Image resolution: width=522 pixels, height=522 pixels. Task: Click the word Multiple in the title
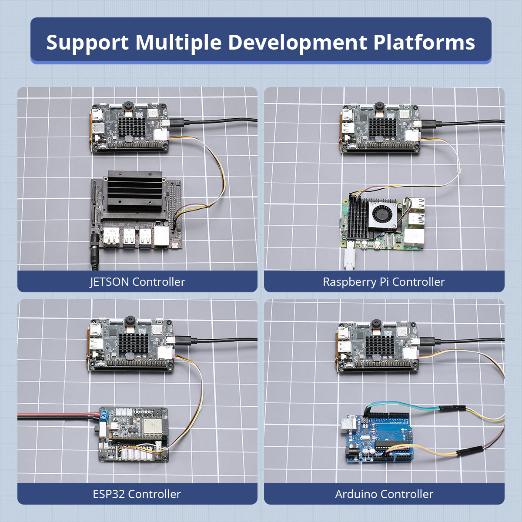[x=178, y=42]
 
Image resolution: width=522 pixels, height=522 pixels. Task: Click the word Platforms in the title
[x=424, y=42]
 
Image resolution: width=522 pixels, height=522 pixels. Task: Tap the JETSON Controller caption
[x=137, y=282]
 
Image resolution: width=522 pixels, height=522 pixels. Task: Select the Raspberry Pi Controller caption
[x=384, y=282]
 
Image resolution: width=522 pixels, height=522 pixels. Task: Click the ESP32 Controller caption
[x=137, y=494]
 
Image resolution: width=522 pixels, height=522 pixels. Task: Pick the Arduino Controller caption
[x=384, y=494]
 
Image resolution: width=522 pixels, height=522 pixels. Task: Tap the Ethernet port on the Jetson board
[x=161, y=236]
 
